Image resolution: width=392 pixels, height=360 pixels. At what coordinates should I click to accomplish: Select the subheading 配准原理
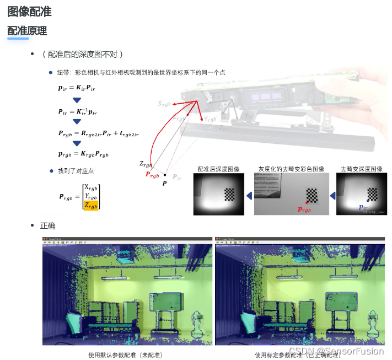pyautogui.click(x=26, y=31)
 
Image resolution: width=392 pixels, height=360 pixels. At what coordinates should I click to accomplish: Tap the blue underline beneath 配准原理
pyautogui.click(x=18, y=39)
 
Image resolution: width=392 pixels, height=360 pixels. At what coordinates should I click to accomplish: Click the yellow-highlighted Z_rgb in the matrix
pyautogui.click(x=91, y=206)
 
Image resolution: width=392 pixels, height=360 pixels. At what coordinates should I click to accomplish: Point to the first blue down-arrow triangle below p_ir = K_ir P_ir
pyautogui.click(x=77, y=100)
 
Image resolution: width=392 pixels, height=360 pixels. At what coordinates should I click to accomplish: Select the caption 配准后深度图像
pyautogui.click(x=219, y=169)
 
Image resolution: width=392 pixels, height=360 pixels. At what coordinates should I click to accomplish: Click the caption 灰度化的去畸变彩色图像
pyautogui.click(x=291, y=169)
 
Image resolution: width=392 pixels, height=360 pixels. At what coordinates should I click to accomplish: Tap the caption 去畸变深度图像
pyautogui.click(x=361, y=169)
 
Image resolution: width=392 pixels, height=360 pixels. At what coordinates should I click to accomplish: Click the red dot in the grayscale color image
pyautogui.click(x=307, y=203)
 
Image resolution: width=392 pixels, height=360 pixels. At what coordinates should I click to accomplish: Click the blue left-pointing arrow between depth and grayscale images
pyautogui.click(x=249, y=195)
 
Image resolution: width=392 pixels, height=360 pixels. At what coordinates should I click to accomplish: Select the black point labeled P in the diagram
pyautogui.click(x=164, y=175)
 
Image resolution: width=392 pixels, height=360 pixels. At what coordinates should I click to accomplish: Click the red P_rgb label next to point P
pyautogui.click(x=152, y=174)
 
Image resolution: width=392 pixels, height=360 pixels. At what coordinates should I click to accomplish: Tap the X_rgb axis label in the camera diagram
pyautogui.click(x=164, y=103)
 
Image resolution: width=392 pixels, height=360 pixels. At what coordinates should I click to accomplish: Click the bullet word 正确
pyautogui.click(x=48, y=226)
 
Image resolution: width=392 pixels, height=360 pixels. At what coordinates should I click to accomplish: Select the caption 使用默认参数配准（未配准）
pyautogui.click(x=126, y=354)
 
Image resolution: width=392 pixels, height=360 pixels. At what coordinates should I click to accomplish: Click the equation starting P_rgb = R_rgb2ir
pyautogui.click(x=98, y=133)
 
